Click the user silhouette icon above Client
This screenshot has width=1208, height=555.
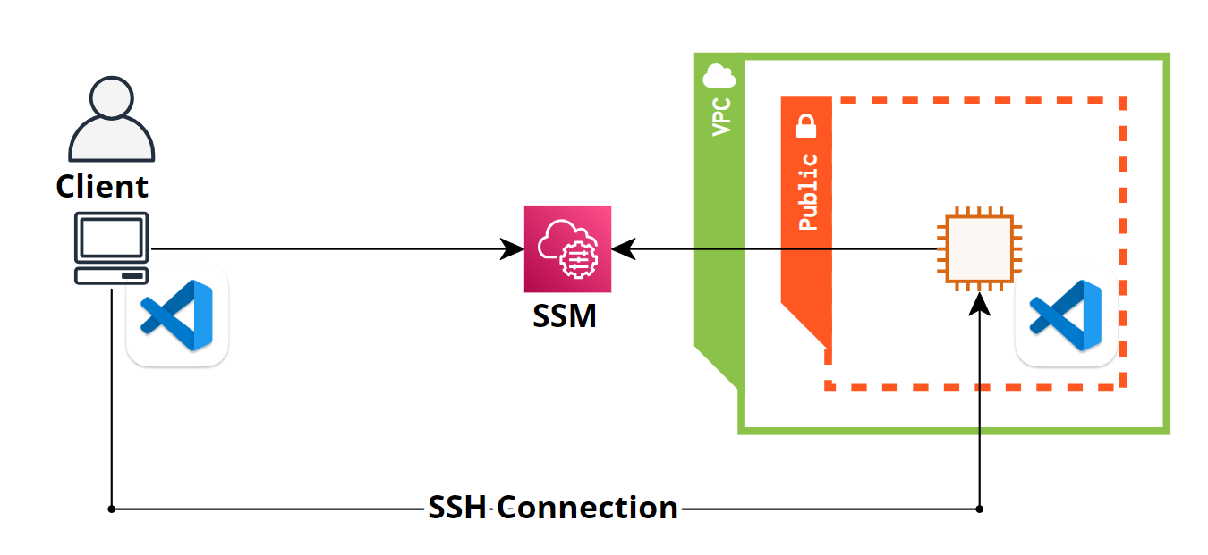(111, 120)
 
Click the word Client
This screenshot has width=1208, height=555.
(102, 187)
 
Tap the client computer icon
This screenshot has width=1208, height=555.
(111, 248)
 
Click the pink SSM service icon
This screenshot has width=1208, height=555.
(567, 249)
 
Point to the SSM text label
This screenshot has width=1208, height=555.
(565, 315)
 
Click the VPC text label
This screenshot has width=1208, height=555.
(720, 117)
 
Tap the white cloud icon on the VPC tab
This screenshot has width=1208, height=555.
(719, 72)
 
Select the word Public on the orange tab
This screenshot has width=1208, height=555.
(807, 192)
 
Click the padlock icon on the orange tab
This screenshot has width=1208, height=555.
(807, 126)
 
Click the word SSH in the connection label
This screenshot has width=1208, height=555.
(457, 509)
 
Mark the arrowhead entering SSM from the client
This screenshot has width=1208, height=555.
(514, 249)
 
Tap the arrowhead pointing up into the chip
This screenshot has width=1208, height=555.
(980, 302)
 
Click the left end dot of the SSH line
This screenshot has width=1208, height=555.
(112, 509)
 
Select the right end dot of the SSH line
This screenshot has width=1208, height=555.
(980, 509)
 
